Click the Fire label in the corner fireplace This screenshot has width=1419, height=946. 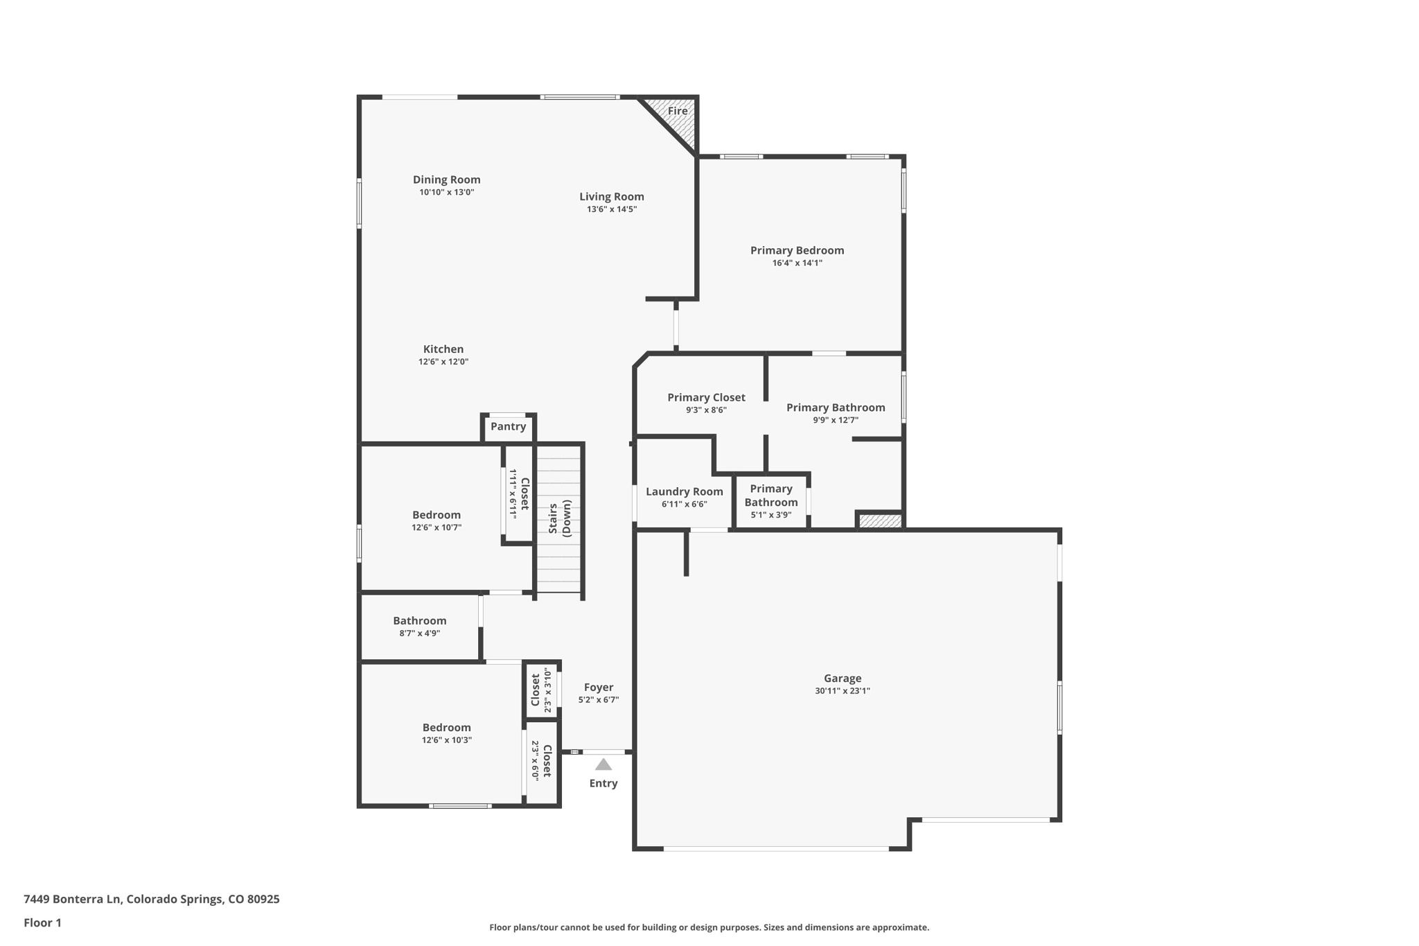(x=677, y=111)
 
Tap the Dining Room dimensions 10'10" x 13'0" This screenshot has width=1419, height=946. (x=446, y=193)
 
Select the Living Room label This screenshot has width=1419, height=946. (x=611, y=197)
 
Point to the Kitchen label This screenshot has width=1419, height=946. (x=443, y=349)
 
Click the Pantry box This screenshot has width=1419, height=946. (x=508, y=427)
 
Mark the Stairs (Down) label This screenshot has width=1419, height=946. (x=560, y=518)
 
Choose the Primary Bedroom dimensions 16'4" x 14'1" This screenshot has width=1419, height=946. (x=797, y=263)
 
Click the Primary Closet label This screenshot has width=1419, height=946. (x=706, y=398)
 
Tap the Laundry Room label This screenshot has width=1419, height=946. (x=684, y=492)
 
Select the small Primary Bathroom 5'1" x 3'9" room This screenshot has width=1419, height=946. (x=770, y=501)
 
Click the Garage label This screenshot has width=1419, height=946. (x=843, y=678)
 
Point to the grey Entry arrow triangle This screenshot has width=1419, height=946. (x=603, y=764)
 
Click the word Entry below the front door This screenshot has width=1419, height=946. (x=603, y=783)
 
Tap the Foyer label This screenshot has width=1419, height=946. (x=598, y=687)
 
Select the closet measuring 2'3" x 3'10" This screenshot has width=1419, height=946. (x=541, y=690)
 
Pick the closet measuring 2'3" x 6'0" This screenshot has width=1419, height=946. (x=541, y=761)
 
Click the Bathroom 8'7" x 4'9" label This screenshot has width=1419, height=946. (x=419, y=621)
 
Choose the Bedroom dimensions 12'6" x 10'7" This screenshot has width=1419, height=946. (x=437, y=527)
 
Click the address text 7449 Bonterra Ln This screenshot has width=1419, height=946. (x=73, y=899)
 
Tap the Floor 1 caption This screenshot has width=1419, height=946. (x=42, y=922)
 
